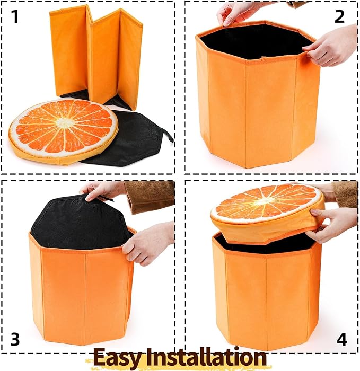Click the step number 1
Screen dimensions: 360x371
pyautogui.click(x=15, y=16)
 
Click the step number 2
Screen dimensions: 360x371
pyautogui.click(x=340, y=16)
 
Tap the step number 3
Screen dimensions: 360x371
pyautogui.click(x=15, y=339)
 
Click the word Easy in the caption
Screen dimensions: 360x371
pyautogui.click(x=117, y=357)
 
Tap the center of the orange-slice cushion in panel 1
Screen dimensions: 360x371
pyautogui.click(x=64, y=122)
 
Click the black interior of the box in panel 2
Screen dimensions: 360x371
pyautogui.click(x=256, y=41)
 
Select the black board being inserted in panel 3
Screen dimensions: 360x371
pyautogui.click(x=81, y=221)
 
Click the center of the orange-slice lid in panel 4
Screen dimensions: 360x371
pyautogui.click(x=266, y=201)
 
